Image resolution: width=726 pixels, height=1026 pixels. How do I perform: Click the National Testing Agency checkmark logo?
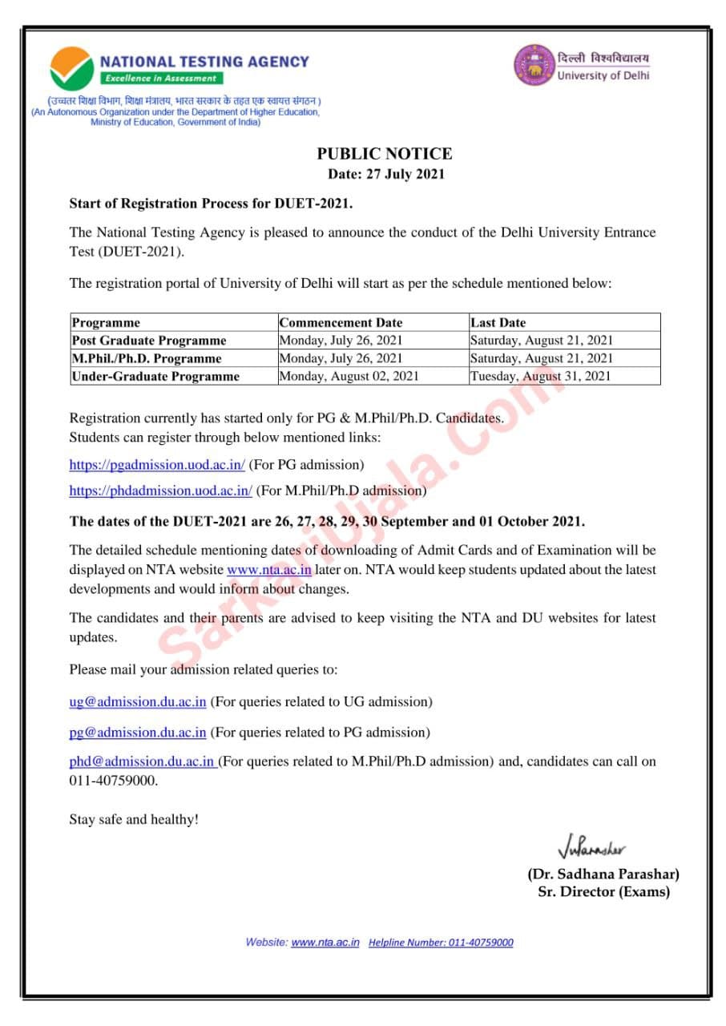tap(71, 68)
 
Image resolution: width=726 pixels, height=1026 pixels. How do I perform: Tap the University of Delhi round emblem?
tap(533, 65)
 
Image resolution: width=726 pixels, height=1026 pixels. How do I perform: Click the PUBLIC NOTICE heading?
tap(385, 154)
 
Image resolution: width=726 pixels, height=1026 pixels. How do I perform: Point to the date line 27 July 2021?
tap(385, 174)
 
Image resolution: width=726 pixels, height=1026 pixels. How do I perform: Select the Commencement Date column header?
tap(341, 322)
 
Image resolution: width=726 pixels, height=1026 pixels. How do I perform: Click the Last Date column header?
tap(498, 322)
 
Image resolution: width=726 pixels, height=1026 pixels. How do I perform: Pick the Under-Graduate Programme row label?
tap(155, 376)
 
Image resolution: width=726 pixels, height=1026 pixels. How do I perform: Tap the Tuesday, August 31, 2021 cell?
tap(540, 376)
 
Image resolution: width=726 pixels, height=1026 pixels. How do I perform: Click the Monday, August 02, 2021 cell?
tap(349, 376)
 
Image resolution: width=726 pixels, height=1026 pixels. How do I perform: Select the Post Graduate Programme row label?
tap(149, 340)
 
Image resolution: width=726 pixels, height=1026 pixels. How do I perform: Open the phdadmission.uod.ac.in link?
tap(160, 490)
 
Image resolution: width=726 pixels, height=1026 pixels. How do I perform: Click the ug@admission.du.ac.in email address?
tap(138, 701)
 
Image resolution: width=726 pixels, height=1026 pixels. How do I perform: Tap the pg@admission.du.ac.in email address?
tap(138, 732)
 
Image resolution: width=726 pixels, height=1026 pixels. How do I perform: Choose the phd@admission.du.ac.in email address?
tap(141, 761)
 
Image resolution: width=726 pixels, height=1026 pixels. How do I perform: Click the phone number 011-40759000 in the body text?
tap(113, 780)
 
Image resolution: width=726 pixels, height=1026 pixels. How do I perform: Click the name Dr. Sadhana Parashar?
tap(603, 874)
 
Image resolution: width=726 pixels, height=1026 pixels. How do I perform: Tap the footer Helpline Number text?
tap(441, 943)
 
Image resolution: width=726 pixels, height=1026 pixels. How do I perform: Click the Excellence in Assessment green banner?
tap(161, 79)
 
